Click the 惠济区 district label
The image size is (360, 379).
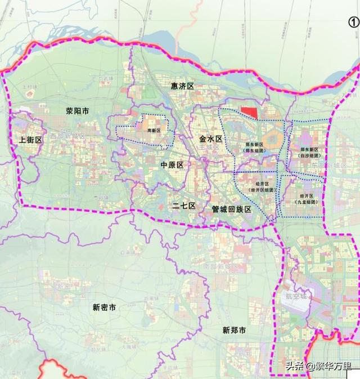pyautogui.click(x=182, y=86)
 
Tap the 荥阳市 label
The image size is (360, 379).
pyautogui.click(x=77, y=112)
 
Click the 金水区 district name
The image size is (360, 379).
pyautogui.click(x=211, y=138)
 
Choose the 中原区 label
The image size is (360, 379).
pyautogui.click(x=172, y=165)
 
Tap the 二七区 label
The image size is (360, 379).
pyautogui.click(x=183, y=206)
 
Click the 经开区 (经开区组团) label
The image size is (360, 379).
pyautogui.click(x=260, y=187)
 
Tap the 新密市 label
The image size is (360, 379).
pyautogui.click(x=104, y=307)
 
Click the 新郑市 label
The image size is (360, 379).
pyautogui.click(x=233, y=331)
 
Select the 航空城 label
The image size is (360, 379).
pyautogui.click(x=296, y=295)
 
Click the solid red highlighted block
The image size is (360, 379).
pyautogui.click(x=249, y=113)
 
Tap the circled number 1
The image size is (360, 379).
pyautogui.click(x=353, y=22)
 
